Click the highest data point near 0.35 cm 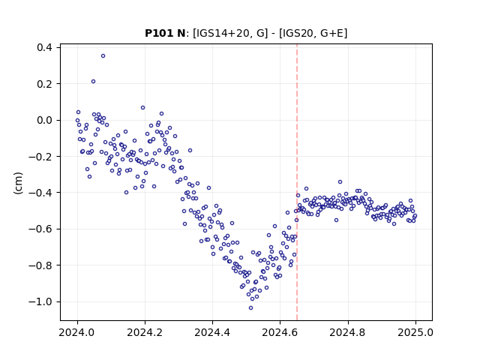103,56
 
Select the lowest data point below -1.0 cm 250,308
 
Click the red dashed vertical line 297,182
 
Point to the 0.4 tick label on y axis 44,47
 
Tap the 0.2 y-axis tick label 44,84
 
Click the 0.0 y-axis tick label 44,120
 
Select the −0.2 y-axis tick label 40,157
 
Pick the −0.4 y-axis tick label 40,193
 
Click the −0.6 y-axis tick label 40,229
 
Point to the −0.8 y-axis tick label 40,265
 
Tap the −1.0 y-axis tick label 40,301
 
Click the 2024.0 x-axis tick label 77,332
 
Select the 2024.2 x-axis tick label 145,332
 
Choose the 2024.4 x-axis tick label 212,332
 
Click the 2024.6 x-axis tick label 280,332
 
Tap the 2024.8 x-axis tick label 348,332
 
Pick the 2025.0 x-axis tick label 415,332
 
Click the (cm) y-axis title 18,183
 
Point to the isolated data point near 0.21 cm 93,82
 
